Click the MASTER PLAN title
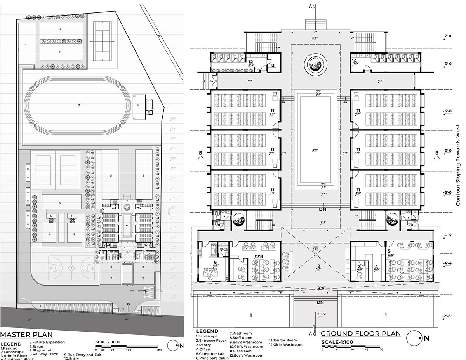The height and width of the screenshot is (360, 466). (26, 335)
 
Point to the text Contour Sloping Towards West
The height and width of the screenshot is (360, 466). (458, 165)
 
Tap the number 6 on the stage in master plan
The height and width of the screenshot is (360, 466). (137, 105)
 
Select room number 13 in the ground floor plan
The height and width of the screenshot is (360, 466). (273, 66)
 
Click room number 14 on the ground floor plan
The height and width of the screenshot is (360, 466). (354, 61)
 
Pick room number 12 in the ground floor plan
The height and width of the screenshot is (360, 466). (251, 62)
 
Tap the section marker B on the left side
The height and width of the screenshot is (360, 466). (200, 153)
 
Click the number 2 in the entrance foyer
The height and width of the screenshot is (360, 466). (318, 266)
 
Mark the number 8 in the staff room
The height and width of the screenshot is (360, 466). (261, 256)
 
